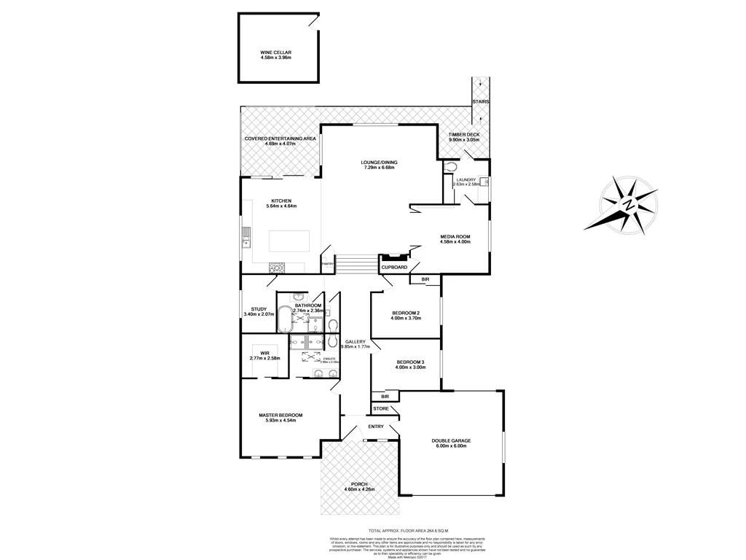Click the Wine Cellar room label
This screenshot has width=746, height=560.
coord(275,52)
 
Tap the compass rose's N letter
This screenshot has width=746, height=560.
coord(627,206)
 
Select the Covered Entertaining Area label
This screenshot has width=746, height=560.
coord(280,138)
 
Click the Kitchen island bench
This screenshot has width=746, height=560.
coord(288,240)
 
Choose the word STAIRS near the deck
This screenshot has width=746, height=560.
coord(480,101)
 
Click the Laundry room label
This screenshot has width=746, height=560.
coord(466,179)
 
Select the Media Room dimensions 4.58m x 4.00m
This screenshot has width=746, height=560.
coord(455,242)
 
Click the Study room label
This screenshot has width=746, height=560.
coord(259,308)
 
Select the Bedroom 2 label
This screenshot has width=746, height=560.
coord(405,312)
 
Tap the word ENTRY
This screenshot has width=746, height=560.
coord(376,427)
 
